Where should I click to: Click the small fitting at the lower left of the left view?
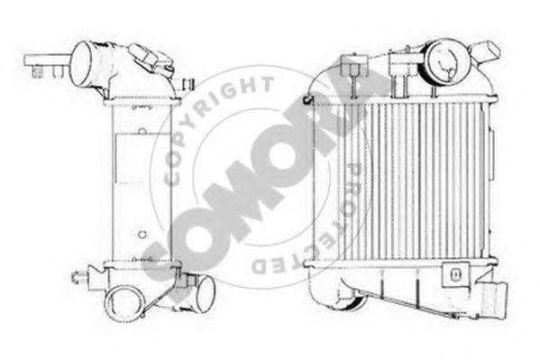80,272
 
